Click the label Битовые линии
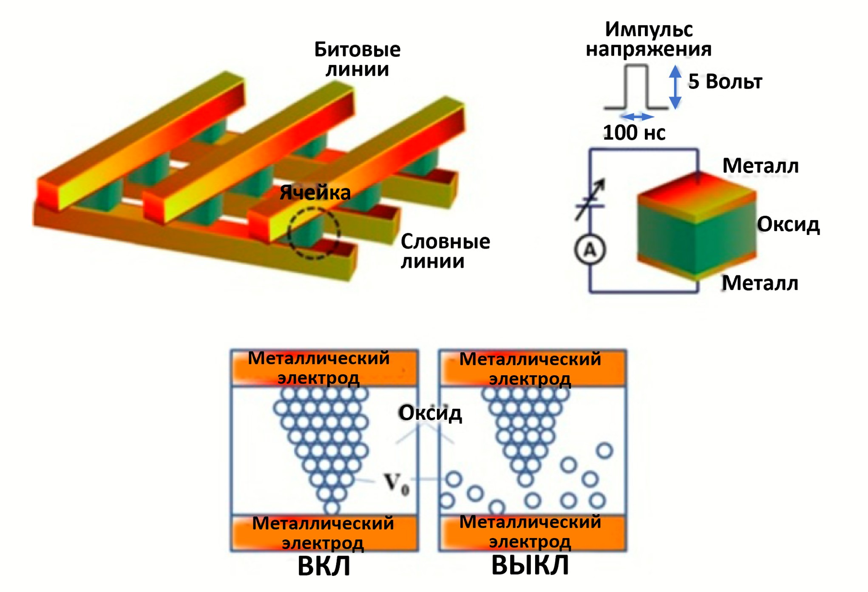click(x=357, y=59)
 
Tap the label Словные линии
click(x=445, y=251)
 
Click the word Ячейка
click(x=315, y=193)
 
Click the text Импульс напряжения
click(x=648, y=39)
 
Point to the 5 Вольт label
click(x=725, y=82)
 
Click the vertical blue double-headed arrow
click(x=675, y=87)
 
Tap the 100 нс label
click(x=634, y=133)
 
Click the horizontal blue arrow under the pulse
click(x=637, y=116)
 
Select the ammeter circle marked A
click(x=590, y=249)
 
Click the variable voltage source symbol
click(x=590, y=200)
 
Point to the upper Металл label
click(x=760, y=166)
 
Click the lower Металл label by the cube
click(x=760, y=283)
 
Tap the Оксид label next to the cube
click(x=788, y=224)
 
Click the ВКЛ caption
click(x=324, y=566)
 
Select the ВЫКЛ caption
click(x=530, y=565)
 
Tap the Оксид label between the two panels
click(x=430, y=413)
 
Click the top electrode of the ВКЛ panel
click(x=324, y=368)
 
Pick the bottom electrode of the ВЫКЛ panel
click(x=532, y=533)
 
